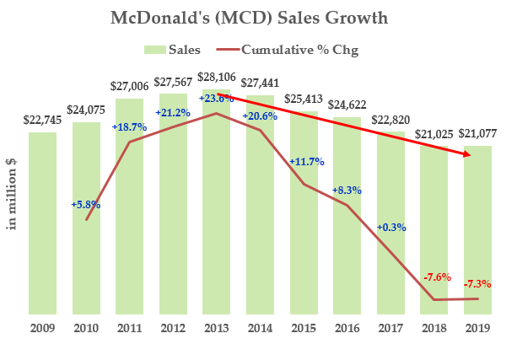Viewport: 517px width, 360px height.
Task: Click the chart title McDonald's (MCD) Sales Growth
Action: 258,18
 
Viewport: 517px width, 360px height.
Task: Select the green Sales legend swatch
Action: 154,50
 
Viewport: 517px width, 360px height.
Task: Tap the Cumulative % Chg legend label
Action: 299,50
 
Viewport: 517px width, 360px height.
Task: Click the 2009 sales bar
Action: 43,223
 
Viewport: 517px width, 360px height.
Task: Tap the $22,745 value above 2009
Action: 43,119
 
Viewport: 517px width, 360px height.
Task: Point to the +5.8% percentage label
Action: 86,204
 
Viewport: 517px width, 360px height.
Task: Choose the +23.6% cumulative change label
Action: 217,98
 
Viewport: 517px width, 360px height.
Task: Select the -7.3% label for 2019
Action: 478,284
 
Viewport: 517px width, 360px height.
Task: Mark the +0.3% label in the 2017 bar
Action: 390,227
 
